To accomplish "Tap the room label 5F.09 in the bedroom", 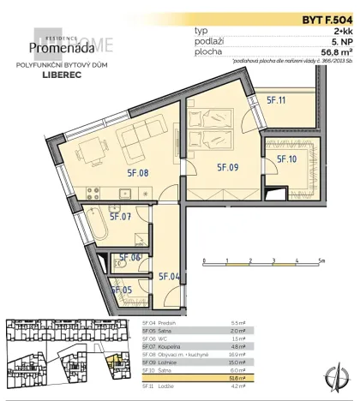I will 226,168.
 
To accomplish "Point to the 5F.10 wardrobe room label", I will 286,159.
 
